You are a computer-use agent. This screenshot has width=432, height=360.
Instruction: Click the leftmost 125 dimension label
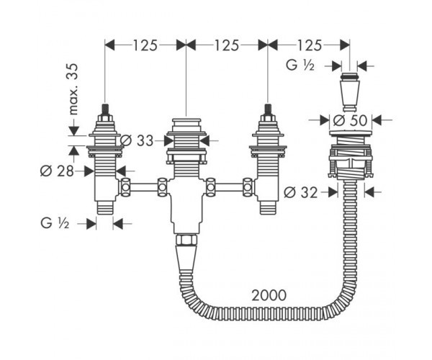click(145, 45)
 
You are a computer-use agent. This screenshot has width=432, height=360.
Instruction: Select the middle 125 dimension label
click(227, 45)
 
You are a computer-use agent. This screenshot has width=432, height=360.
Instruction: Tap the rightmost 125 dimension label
click(309, 45)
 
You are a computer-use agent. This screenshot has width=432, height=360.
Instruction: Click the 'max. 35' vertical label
click(73, 89)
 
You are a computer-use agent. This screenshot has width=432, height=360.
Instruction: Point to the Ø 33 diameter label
click(136, 141)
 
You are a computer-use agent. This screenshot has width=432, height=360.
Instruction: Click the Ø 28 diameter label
click(57, 171)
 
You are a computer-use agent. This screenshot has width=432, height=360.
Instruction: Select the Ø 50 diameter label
click(350, 120)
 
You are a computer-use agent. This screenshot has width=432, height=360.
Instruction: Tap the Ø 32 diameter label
click(300, 192)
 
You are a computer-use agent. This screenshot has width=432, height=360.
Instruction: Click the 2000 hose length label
click(269, 295)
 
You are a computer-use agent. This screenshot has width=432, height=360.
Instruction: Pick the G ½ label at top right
click(300, 66)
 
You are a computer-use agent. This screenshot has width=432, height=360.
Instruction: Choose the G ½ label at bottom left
click(55, 223)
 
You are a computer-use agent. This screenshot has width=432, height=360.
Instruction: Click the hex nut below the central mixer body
click(186, 240)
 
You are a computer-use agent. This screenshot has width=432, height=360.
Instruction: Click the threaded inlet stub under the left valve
click(105, 207)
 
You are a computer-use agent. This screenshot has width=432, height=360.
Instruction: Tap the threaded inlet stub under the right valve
click(268, 207)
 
